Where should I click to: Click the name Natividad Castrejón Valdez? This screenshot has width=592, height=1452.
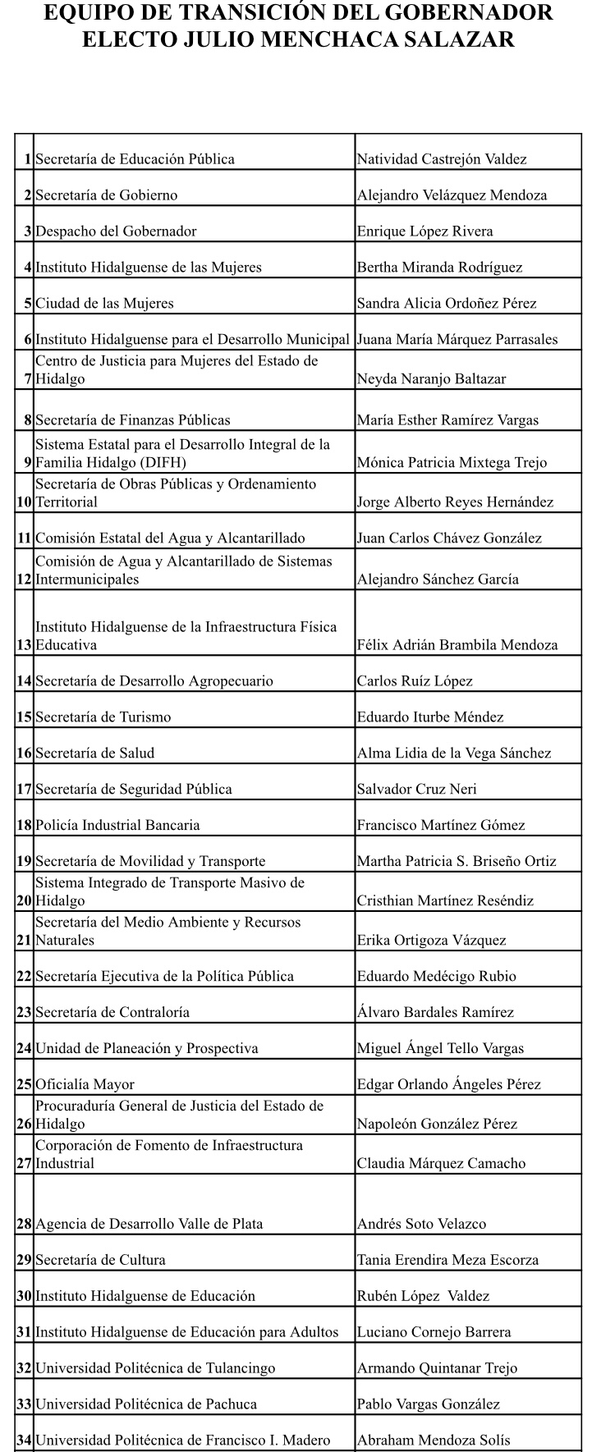coord(442,159)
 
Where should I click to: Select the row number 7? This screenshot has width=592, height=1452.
coord(28,379)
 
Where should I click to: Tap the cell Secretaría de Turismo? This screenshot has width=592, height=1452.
coord(103,717)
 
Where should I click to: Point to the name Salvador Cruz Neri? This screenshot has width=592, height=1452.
coord(417,790)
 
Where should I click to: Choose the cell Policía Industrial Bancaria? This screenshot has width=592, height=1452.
coord(117,826)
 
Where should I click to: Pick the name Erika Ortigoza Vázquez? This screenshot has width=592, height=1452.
coord(431,941)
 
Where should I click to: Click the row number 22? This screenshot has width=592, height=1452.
coord(24,977)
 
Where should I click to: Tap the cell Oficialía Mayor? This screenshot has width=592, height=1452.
coord(85,1085)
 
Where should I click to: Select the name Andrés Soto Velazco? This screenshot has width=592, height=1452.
coord(421,1225)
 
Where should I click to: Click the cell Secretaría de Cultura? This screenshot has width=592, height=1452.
coord(100,1261)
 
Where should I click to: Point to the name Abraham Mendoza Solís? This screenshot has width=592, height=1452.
coord(434,1441)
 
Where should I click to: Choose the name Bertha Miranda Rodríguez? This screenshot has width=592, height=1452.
coord(439,268)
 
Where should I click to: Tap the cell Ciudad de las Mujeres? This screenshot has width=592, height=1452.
coord(104,304)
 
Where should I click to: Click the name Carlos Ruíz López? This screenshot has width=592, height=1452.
coord(415,681)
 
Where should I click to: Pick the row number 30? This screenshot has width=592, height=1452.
coord(24,1297)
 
